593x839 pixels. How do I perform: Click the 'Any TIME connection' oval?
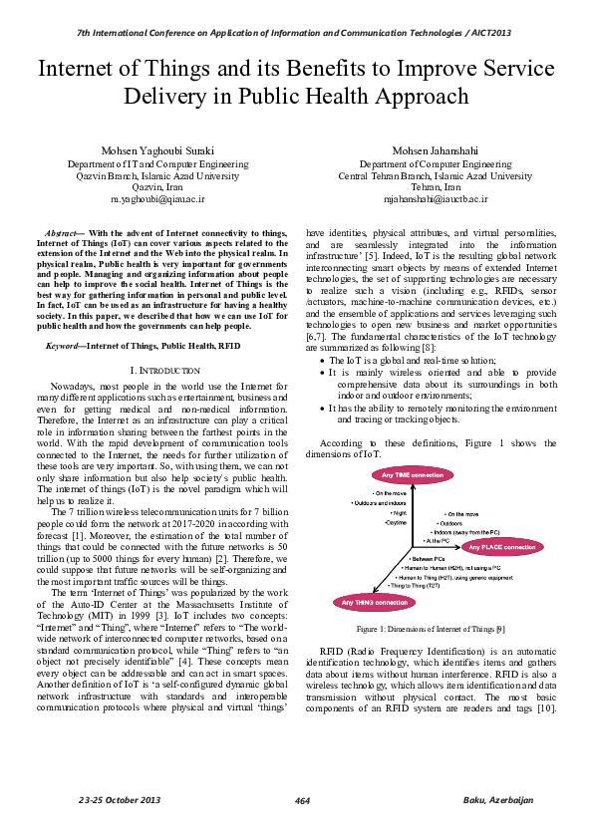(413, 475)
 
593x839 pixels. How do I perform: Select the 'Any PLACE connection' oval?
(502, 547)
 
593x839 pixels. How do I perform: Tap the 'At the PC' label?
(440, 540)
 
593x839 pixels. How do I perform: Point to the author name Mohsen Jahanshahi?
(436, 150)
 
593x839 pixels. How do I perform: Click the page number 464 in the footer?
(303, 802)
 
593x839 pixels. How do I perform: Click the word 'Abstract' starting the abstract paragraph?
(65, 232)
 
